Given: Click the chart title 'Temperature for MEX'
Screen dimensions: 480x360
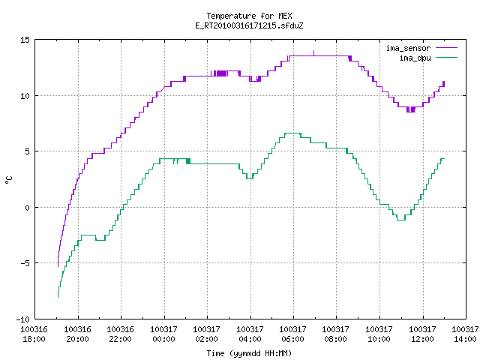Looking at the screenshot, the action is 249,16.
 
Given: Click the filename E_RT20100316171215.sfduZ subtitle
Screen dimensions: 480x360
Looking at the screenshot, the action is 249,25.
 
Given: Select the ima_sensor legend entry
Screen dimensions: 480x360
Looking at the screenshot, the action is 421,48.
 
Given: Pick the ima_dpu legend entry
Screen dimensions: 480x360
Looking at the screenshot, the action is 428,58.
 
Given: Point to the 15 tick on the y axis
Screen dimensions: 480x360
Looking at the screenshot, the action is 25,40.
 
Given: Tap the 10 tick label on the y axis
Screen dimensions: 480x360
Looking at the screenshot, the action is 25,96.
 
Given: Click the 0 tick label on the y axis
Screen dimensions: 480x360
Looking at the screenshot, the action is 28,208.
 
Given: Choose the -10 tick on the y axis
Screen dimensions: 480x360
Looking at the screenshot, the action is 23,319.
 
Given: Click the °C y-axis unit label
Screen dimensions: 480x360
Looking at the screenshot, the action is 8,180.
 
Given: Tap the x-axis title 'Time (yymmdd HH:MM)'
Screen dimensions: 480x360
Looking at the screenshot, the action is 249,353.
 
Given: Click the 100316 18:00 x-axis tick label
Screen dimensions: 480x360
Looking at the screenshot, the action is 34,334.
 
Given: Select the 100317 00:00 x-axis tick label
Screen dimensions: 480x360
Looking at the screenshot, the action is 163,334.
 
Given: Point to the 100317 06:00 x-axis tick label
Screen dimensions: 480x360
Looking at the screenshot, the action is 293,334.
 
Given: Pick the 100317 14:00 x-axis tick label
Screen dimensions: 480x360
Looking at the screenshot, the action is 465,334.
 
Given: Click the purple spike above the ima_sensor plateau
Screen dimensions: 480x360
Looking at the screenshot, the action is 313,53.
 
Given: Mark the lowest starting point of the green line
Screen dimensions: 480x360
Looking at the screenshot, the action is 58,297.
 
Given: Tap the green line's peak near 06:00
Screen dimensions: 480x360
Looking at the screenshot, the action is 292,133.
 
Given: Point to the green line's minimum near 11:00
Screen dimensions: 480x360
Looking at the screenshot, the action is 401,220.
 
